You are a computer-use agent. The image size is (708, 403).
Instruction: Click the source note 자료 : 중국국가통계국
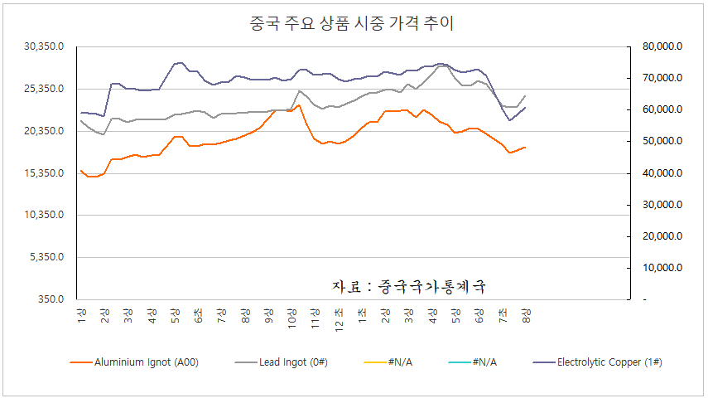coord(408,286)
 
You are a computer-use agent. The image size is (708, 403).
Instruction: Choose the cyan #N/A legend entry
coord(482,362)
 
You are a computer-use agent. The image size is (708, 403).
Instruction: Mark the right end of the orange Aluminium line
coord(525,148)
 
